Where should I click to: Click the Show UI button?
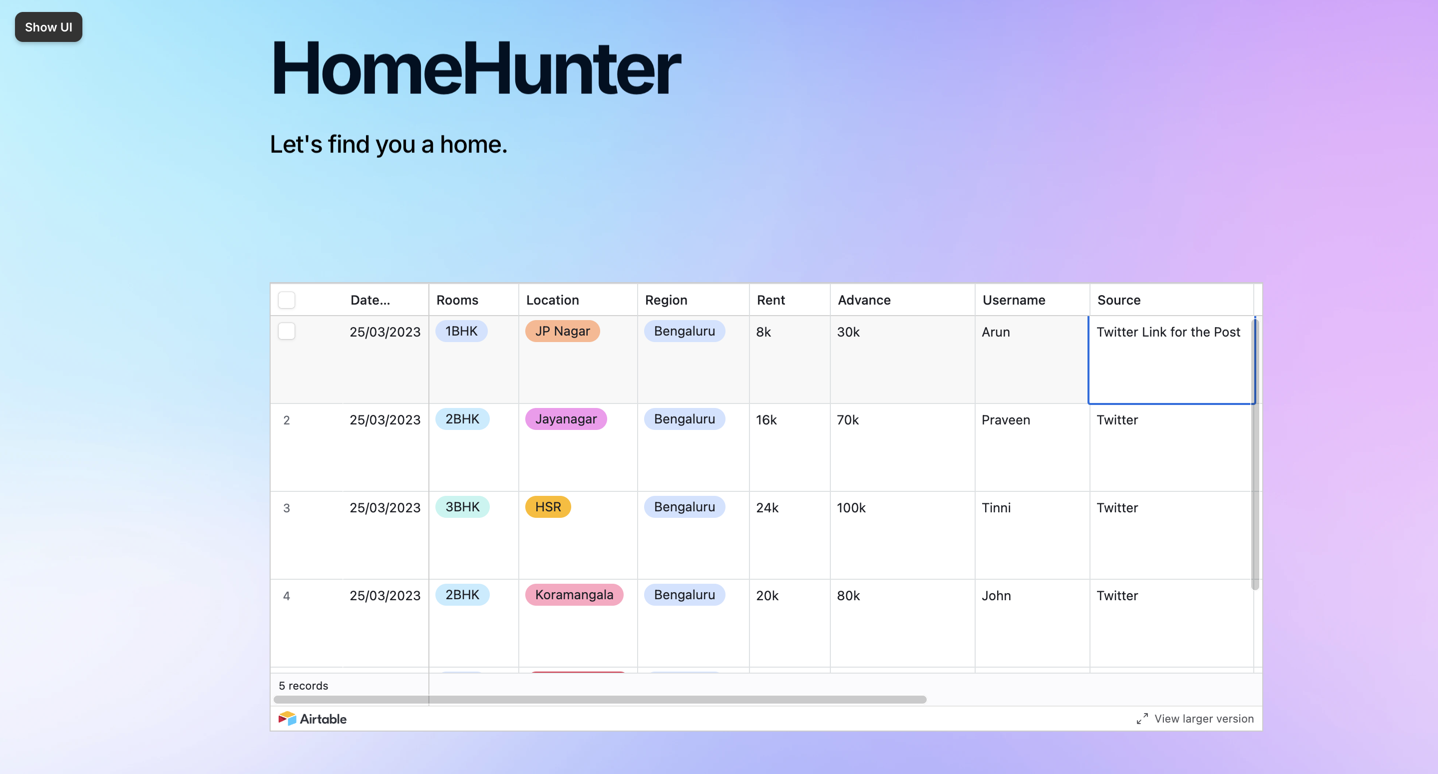pyautogui.click(x=48, y=27)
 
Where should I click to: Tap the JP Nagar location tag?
pyautogui.click(x=562, y=331)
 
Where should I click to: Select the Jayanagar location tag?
pyautogui.click(x=566, y=419)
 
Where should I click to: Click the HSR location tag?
pyautogui.click(x=548, y=506)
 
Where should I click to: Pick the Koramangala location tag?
pyautogui.click(x=574, y=594)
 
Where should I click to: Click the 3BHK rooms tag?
pyautogui.click(x=462, y=506)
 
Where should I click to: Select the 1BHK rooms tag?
pyautogui.click(x=461, y=331)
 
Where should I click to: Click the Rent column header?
pyautogui.click(x=770, y=300)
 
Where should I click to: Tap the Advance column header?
pyautogui.click(x=864, y=300)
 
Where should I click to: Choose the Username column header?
pyautogui.click(x=1013, y=300)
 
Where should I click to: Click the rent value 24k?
pyautogui.click(x=767, y=508)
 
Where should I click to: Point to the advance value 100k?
pyautogui.click(x=851, y=508)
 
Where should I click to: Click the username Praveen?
pyautogui.click(x=1006, y=420)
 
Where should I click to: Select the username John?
pyautogui.click(x=996, y=595)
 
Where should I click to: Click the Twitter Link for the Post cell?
pyautogui.click(x=1168, y=332)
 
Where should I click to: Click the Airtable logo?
pyautogui.click(x=313, y=719)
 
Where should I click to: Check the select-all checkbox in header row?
pyautogui.click(x=287, y=300)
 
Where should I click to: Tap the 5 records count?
pyautogui.click(x=303, y=685)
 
